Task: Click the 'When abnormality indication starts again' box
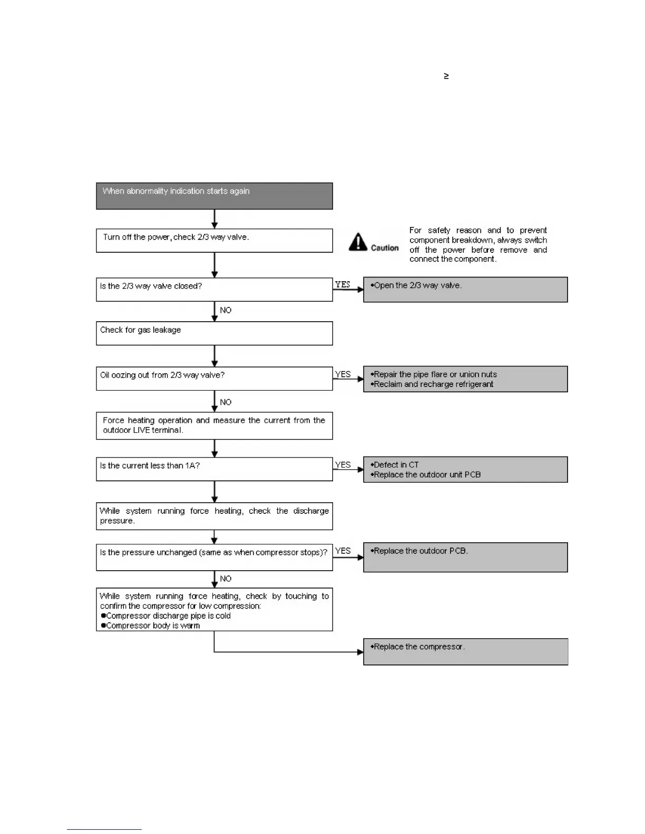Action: pos(214,196)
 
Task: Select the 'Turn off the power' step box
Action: pos(214,240)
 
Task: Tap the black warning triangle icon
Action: pos(358,242)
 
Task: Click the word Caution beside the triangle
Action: pos(385,248)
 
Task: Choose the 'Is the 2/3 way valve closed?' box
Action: pos(214,290)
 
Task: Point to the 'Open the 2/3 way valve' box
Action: pos(465,290)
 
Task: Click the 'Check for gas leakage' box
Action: pos(214,333)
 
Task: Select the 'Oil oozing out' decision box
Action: pos(214,379)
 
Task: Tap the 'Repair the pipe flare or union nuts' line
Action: pos(435,374)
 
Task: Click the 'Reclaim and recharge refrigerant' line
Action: pos(433,384)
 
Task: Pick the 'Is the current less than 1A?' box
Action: pos(214,469)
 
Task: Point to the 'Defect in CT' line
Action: pos(396,465)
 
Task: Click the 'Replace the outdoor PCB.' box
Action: pos(465,557)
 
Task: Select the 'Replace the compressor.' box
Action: pos(465,651)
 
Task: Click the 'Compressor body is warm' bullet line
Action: pos(152,626)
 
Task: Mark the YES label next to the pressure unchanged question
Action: pos(343,551)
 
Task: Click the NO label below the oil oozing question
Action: pos(226,402)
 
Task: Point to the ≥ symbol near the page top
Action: pos(446,76)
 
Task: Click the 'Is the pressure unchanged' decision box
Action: pos(214,557)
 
